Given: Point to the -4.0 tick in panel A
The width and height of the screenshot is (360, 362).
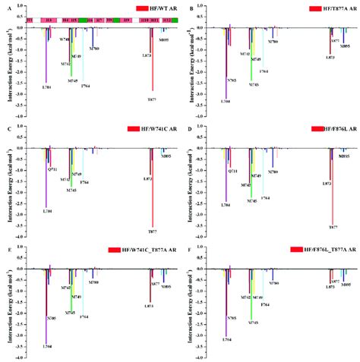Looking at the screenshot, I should tap(17, 115).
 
